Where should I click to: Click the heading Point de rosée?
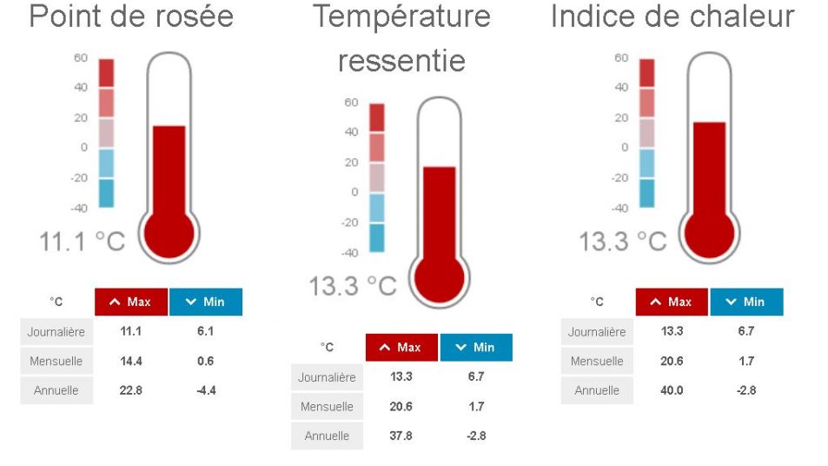point(131,16)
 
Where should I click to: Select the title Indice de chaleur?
point(672,16)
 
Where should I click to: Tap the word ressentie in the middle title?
point(401,61)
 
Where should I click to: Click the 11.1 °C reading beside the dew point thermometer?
point(83,241)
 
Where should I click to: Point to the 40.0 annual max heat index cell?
point(672,390)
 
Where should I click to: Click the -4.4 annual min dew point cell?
point(205,390)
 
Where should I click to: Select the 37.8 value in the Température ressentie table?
point(401,436)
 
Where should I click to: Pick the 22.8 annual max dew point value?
point(130,390)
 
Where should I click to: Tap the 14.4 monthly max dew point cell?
point(130,361)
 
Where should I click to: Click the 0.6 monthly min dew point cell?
point(205,361)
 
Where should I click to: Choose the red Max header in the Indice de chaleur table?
point(672,302)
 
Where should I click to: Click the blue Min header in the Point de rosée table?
point(205,302)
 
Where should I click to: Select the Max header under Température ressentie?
point(401,347)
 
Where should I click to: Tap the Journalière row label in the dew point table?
point(56,331)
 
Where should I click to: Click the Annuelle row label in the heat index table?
point(597,390)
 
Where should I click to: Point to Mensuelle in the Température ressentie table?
point(327,406)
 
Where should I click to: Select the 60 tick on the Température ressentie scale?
point(351,103)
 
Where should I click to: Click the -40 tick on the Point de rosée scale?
point(80,208)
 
